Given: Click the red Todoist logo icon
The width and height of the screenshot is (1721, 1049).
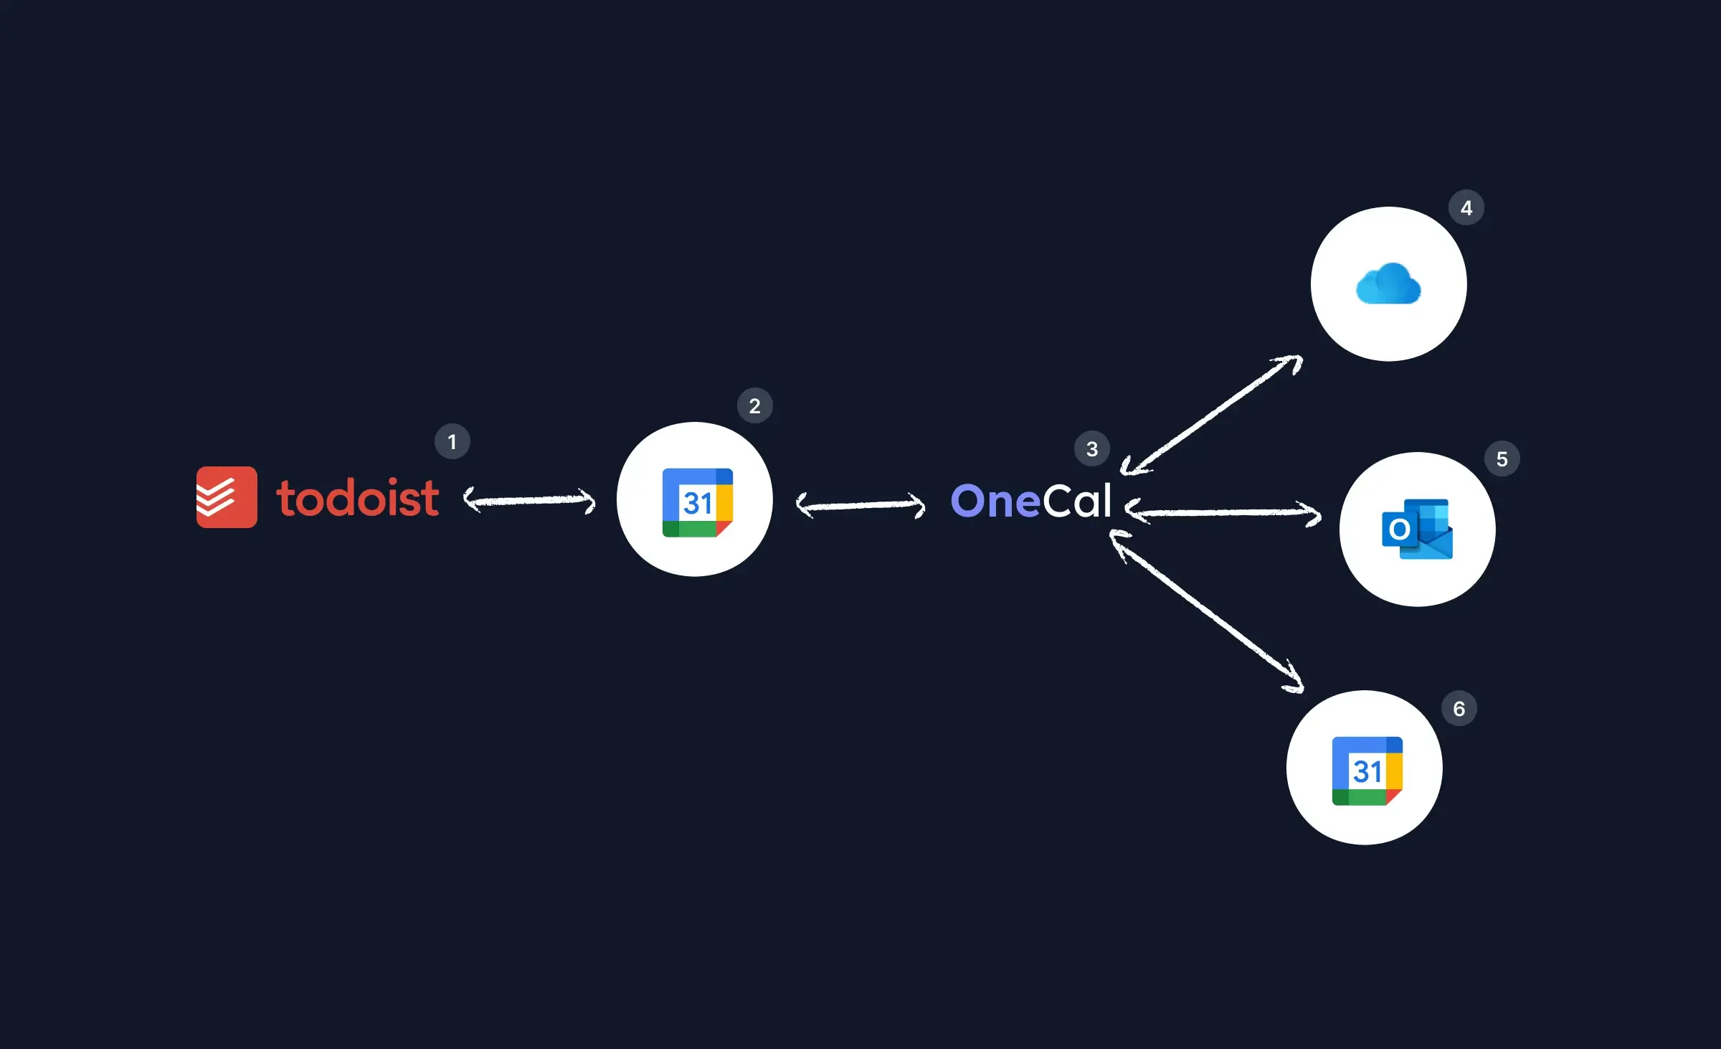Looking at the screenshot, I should point(227,497).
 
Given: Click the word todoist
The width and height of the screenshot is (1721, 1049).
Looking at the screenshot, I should point(357,498).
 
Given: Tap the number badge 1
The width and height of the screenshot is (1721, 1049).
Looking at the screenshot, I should point(452,441).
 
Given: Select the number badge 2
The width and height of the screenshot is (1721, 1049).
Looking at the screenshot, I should point(754,405).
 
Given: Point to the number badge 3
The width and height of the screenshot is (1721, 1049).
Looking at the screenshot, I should point(1091,448).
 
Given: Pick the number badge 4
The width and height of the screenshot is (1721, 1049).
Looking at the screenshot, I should point(1466,208).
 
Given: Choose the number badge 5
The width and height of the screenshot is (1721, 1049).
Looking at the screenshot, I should point(1502,459).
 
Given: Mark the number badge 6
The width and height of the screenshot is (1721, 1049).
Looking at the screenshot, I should point(1459,709).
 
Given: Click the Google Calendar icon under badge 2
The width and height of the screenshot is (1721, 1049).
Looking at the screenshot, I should point(697,502).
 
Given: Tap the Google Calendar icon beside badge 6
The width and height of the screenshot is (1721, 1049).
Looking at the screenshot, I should point(1367,771).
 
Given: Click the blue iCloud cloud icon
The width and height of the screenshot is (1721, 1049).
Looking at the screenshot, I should point(1388,284).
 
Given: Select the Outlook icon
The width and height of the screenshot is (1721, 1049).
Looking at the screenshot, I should point(1417,529).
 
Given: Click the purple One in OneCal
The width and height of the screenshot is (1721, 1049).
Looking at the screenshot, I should point(995,501).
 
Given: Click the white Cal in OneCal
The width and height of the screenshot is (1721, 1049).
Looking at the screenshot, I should point(1076,501).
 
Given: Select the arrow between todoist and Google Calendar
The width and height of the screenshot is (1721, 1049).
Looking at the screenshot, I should point(529,500).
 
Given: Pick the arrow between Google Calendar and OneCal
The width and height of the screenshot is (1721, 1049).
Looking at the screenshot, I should point(860,505).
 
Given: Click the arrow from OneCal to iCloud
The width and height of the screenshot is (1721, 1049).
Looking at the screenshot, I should point(1212,415).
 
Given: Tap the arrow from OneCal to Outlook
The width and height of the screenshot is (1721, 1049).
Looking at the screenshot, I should point(1223,512).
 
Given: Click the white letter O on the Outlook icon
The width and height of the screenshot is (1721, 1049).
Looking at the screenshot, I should point(1399,530).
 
